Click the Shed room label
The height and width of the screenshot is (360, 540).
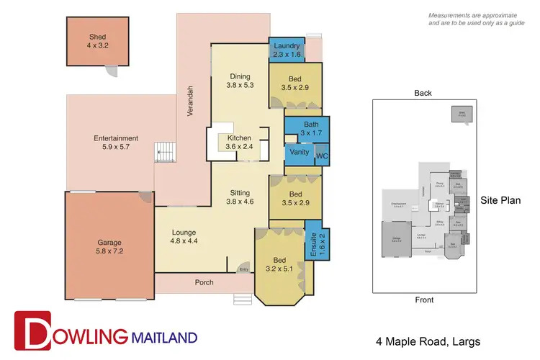point(97,41)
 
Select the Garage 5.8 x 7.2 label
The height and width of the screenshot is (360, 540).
point(110,248)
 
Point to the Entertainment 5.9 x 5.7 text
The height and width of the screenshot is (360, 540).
point(115,143)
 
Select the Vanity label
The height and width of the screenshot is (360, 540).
point(298,153)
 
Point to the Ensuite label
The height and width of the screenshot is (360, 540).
point(313,246)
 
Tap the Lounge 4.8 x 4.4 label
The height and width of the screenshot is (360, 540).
point(184,237)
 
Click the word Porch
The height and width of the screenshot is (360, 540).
point(204,282)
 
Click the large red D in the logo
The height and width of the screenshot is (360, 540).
point(33,333)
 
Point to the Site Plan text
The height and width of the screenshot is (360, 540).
point(500,200)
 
